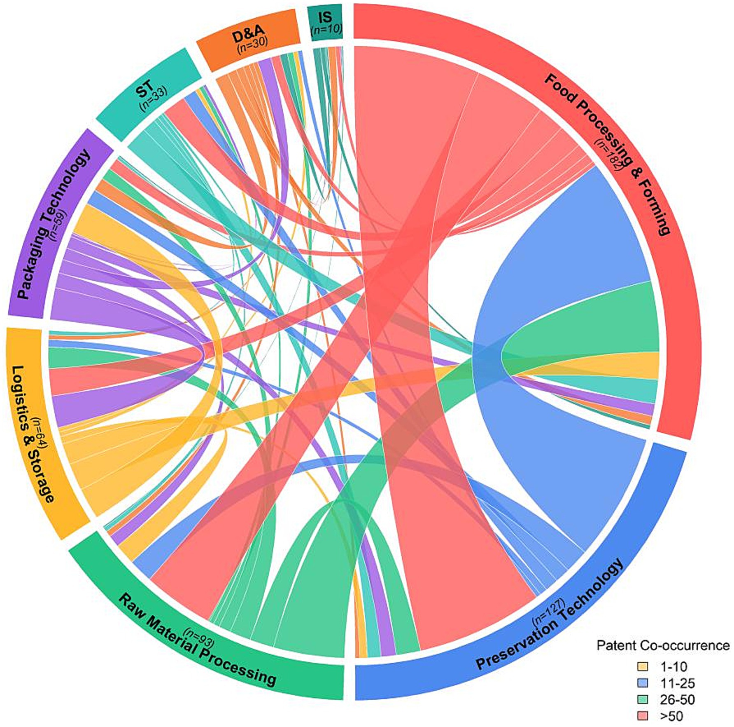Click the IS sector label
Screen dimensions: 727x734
click(325, 17)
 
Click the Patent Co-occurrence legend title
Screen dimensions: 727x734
click(663, 645)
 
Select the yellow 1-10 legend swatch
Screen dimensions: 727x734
click(643, 666)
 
